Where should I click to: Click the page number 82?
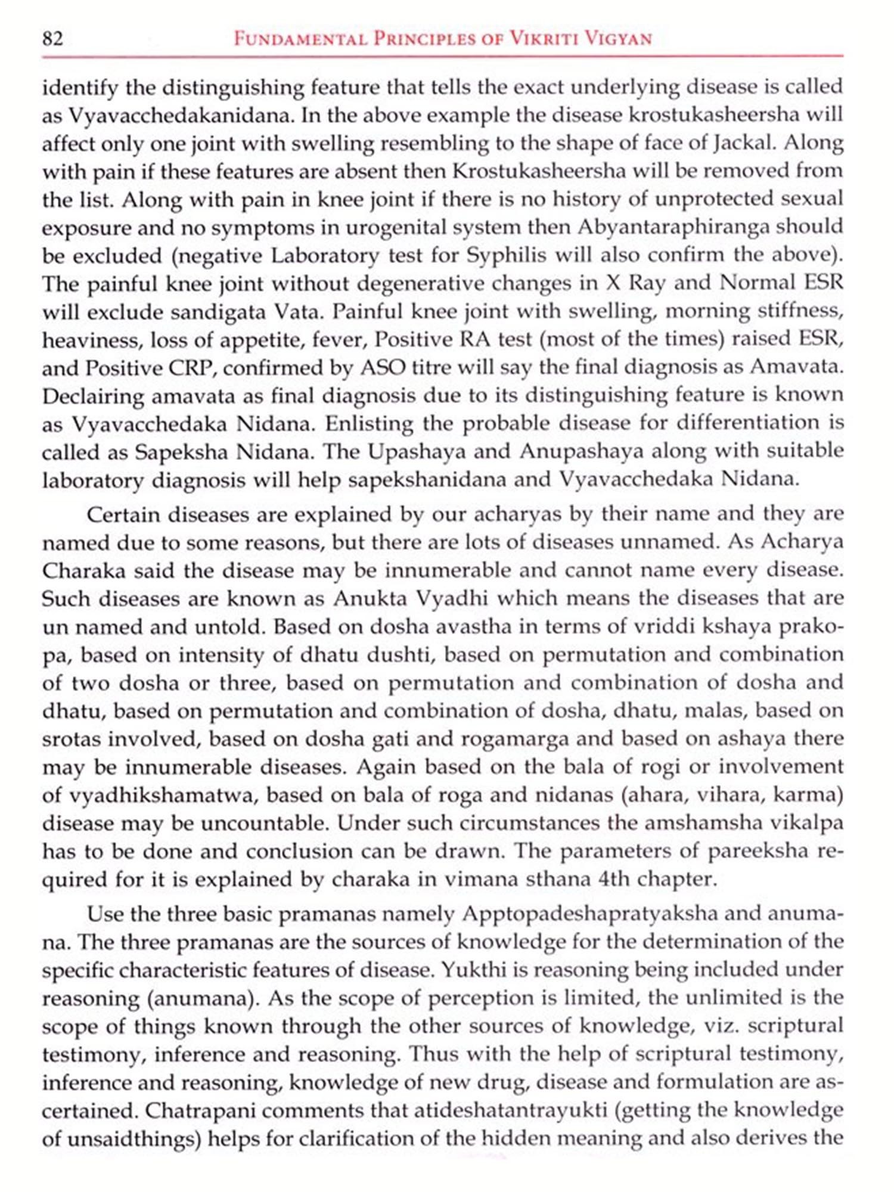coord(52,39)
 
